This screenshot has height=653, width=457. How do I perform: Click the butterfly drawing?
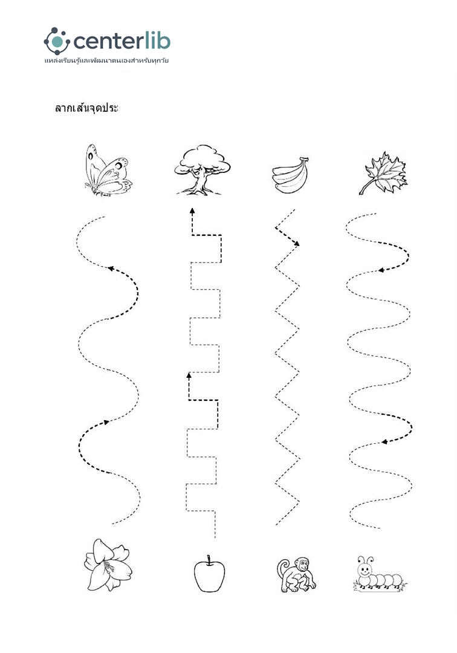108,170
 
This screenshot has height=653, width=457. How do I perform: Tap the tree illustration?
202,170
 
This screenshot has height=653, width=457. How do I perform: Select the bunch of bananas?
291,175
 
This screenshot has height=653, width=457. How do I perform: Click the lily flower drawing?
108,565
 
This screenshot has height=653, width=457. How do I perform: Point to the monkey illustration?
296,575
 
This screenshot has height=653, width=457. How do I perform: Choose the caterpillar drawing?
380,574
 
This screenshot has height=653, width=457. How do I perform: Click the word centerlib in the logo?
122,41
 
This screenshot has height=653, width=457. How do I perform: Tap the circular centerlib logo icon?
57,41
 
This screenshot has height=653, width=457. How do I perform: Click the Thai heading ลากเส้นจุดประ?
86,108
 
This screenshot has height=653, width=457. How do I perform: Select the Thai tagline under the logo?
106,61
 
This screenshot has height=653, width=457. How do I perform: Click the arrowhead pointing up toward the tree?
192,211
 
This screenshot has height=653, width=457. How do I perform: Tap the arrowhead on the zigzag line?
296,244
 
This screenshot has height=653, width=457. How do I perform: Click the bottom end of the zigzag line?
276,525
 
